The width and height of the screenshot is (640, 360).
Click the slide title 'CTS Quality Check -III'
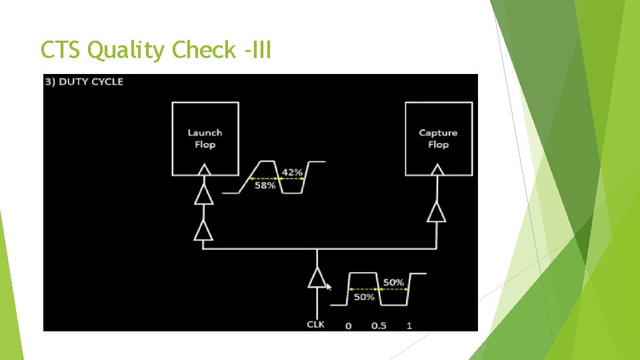point(156,50)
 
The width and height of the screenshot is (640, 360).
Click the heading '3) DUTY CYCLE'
point(84,81)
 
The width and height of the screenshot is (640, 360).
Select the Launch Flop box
point(205,139)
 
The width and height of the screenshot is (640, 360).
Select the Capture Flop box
point(438,139)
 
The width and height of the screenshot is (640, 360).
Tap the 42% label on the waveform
point(292,173)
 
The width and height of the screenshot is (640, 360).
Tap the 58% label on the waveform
point(265,186)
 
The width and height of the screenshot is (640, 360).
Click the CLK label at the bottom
point(315,325)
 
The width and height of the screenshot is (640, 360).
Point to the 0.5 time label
point(378,325)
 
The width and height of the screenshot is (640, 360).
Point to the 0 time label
point(348,325)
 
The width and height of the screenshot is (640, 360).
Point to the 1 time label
point(409,325)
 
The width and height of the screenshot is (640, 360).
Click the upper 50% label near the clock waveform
point(393,283)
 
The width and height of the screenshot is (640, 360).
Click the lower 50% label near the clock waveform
point(364,297)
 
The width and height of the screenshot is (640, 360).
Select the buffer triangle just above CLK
point(317,278)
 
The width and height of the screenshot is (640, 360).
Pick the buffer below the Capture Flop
point(437,211)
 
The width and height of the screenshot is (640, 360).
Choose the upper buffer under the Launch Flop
point(203,195)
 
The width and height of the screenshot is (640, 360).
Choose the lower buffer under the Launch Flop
point(203,230)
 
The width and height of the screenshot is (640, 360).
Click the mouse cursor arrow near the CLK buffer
point(328,287)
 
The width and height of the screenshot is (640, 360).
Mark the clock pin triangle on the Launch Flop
point(205,170)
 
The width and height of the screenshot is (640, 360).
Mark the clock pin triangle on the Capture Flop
point(437,170)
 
